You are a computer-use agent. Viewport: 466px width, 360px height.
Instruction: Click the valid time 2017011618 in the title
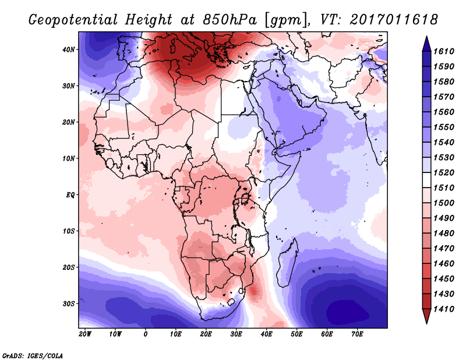[x=394, y=19]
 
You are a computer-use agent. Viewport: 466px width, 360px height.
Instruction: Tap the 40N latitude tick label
[x=69, y=50]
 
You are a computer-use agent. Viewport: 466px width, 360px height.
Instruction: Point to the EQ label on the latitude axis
[x=70, y=195]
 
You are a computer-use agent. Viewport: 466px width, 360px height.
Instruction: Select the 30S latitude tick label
[x=69, y=303]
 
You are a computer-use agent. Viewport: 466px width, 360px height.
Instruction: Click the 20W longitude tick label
[x=85, y=334]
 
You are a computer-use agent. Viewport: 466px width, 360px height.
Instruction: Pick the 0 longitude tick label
[x=146, y=334]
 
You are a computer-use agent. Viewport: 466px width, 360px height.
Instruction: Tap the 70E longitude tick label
[x=357, y=334]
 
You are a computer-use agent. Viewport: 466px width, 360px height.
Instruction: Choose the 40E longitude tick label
[x=267, y=334]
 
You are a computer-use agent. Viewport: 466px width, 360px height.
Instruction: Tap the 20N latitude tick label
[x=69, y=122]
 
